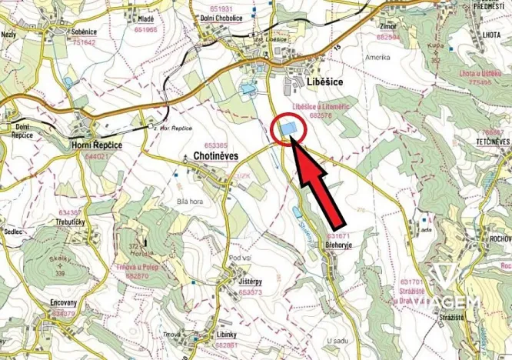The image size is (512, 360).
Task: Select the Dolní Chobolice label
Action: click(223, 18)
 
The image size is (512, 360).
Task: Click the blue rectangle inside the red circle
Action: click(289, 128)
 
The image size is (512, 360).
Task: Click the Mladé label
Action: click(145, 18)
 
